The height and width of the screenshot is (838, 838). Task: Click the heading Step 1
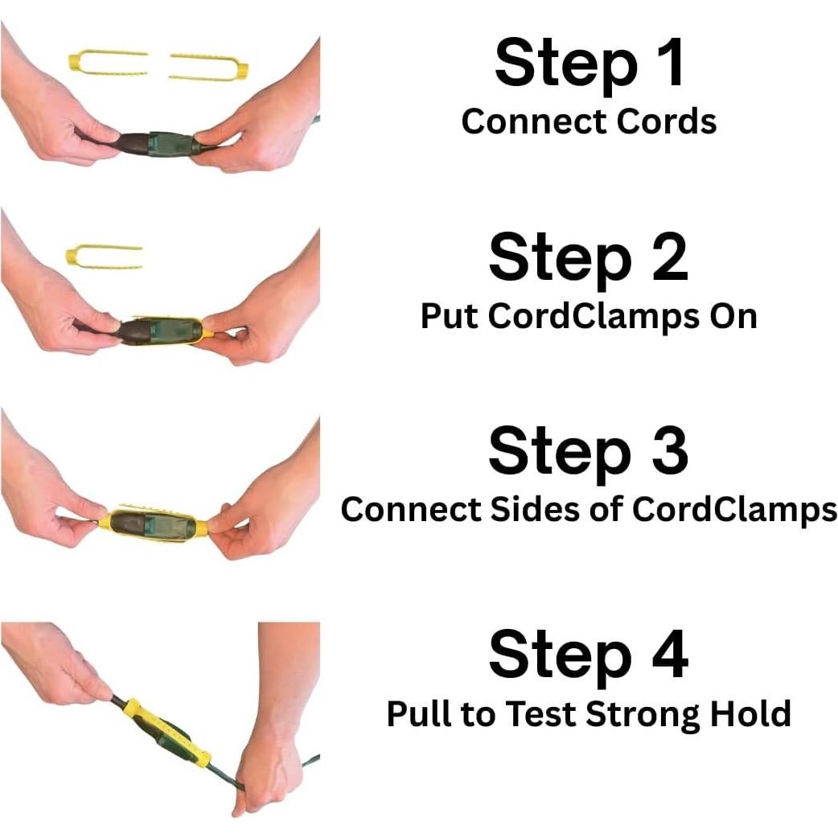point(589,64)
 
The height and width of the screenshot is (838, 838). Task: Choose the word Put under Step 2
point(450,317)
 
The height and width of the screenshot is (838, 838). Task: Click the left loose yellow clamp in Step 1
point(108,63)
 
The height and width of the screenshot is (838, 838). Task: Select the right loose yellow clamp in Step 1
point(209,68)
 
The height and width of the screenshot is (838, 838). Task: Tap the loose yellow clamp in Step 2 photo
point(104,257)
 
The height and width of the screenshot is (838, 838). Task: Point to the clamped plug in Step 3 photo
point(153,524)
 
